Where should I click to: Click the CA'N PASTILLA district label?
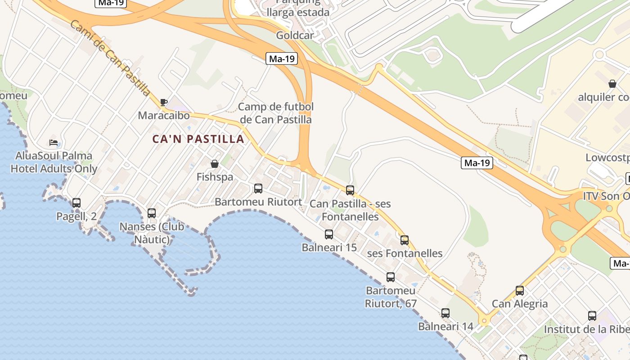click(x=198, y=139)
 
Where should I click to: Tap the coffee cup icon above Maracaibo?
click(x=164, y=103)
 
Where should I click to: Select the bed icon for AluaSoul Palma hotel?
click(x=54, y=143)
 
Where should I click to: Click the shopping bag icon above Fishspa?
click(x=215, y=164)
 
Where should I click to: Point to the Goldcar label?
click(x=295, y=35)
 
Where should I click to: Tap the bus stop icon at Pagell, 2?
click(x=76, y=203)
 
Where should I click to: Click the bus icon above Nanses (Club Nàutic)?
click(x=152, y=213)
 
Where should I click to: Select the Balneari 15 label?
click(x=329, y=247)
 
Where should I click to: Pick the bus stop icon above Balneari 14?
click(x=445, y=313)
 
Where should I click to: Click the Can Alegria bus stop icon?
click(x=520, y=291)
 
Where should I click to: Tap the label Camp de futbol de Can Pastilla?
click(x=276, y=113)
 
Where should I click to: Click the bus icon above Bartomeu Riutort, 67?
click(x=391, y=277)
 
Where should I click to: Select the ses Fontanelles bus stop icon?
click(x=405, y=240)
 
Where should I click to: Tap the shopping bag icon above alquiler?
click(x=612, y=84)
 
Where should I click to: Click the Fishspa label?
click(x=215, y=177)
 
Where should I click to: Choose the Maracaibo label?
click(x=164, y=116)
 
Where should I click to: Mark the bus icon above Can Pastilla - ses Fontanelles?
click(x=350, y=190)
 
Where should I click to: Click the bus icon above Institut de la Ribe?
click(x=592, y=316)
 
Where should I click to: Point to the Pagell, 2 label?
click(x=76, y=216)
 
